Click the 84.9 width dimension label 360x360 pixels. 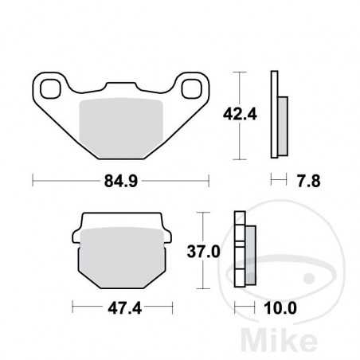coord(120,181)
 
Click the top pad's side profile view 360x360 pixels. coord(279,113)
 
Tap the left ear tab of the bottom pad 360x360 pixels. coord(76,236)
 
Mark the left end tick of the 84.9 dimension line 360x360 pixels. coord(33,181)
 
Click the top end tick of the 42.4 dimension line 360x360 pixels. coord(238,72)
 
